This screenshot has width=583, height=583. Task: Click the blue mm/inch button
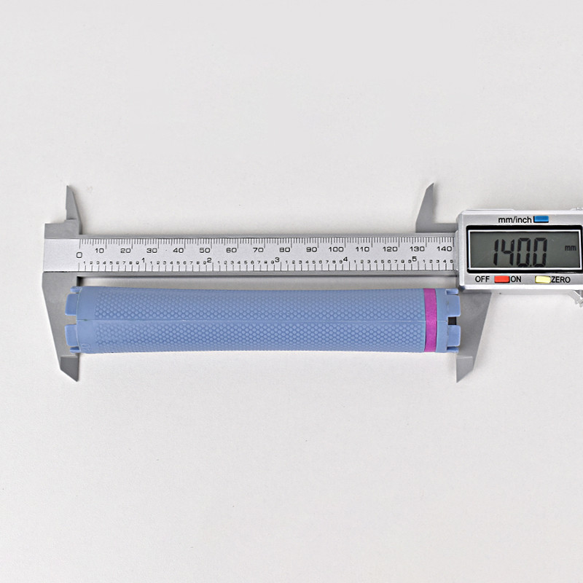(x=541, y=219)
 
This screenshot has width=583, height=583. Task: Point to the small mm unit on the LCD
(x=569, y=248)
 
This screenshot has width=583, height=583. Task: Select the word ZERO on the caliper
(x=560, y=279)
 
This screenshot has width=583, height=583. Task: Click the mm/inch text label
(x=515, y=219)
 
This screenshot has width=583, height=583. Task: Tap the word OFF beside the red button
(x=482, y=279)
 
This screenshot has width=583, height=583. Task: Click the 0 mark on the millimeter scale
(x=79, y=254)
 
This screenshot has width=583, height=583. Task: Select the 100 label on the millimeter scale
(x=336, y=249)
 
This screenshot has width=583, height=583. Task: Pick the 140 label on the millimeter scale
(x=443, y=249)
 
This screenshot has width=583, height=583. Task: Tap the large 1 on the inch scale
(x=144, y=260)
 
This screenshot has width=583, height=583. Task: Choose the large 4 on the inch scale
(x=345, y=259)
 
